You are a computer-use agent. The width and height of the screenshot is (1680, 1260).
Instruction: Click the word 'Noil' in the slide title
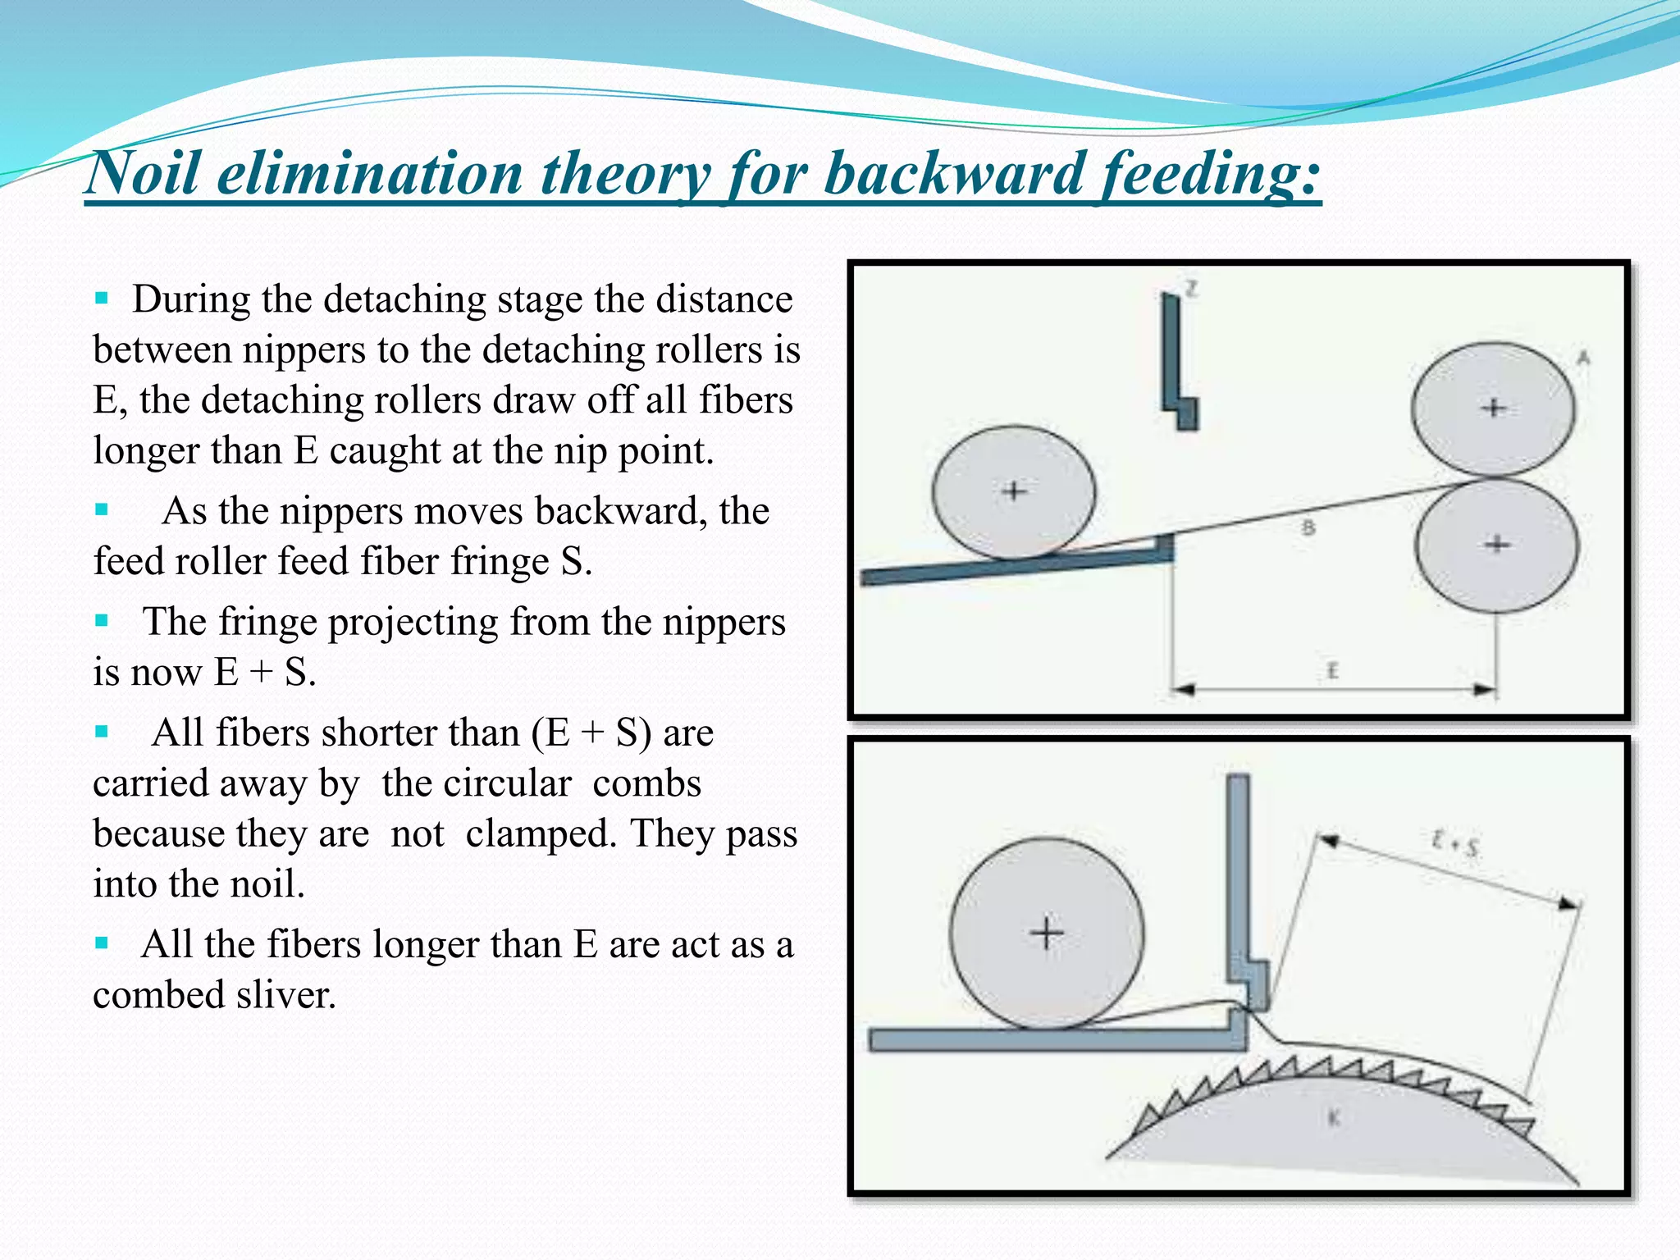point(144,174)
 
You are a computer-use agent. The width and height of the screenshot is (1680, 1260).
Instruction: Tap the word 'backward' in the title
point(953,174)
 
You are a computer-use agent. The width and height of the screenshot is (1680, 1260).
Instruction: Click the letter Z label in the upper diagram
point(1191,288)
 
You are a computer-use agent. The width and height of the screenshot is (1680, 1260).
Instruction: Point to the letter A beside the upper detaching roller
point(1583,357)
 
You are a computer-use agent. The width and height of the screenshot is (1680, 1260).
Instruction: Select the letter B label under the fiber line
point(1308,527)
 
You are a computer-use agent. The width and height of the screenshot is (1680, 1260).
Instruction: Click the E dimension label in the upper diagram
point(1332,672)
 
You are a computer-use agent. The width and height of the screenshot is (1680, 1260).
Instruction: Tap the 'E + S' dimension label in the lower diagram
point(1454,843)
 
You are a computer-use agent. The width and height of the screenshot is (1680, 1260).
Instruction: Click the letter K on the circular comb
point(1334,1117)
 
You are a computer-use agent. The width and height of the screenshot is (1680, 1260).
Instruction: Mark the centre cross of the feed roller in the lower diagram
point(1047,934)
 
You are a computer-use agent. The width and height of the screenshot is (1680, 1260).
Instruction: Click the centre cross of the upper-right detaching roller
point(1494,408)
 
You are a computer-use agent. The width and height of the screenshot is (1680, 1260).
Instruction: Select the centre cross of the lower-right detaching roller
point(1498,544)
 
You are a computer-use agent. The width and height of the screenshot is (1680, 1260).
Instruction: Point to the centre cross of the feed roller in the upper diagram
point(1015,491)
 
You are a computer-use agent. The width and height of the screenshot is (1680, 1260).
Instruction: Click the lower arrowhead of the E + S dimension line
point(1568,904)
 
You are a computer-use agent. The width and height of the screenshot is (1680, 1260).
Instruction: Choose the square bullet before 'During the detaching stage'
point(102,298)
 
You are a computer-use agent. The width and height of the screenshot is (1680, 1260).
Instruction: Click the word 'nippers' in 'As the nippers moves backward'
point(341,511)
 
